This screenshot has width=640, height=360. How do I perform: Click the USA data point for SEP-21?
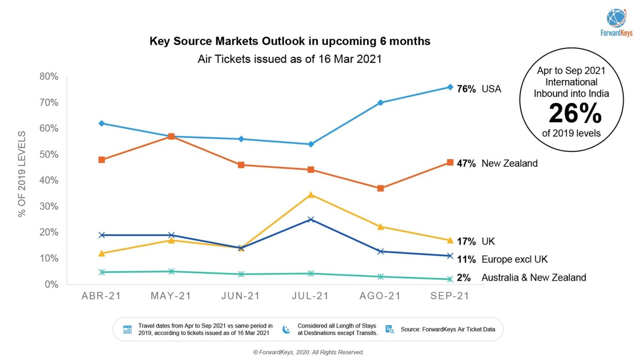tap(450, 87)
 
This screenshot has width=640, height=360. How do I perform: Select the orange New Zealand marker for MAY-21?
tap(171, 137)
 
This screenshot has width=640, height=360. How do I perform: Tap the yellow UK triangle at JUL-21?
tap(310, 195)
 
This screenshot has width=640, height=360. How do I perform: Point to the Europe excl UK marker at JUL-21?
tap(310, 220)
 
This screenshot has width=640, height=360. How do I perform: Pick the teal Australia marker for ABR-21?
tap(102, 272)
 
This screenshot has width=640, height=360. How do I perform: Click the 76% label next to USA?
tap(466, 89)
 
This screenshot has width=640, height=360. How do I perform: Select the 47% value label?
tap(466, 163)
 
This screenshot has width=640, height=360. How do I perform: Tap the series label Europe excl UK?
tap(514, 259)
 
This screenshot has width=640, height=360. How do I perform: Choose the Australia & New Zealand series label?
tap(533, 277)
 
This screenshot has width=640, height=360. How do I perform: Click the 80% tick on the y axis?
tap(49, 77)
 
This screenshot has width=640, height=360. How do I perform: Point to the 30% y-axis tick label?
tap(49, 207)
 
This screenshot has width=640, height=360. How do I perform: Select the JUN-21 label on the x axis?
tap(240, 296)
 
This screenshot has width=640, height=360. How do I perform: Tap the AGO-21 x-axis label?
tap(380, 296)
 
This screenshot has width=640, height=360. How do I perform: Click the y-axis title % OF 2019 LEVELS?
tap(22, 174)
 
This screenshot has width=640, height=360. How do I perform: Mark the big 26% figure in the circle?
tap(575, 113)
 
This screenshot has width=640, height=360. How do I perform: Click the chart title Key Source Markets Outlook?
tap(290, 41)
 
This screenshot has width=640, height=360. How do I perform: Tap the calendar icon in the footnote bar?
tap(127, 329)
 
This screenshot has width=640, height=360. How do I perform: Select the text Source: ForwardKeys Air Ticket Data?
tap(448, 329)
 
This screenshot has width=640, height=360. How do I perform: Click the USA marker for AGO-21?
tap(380, 102)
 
